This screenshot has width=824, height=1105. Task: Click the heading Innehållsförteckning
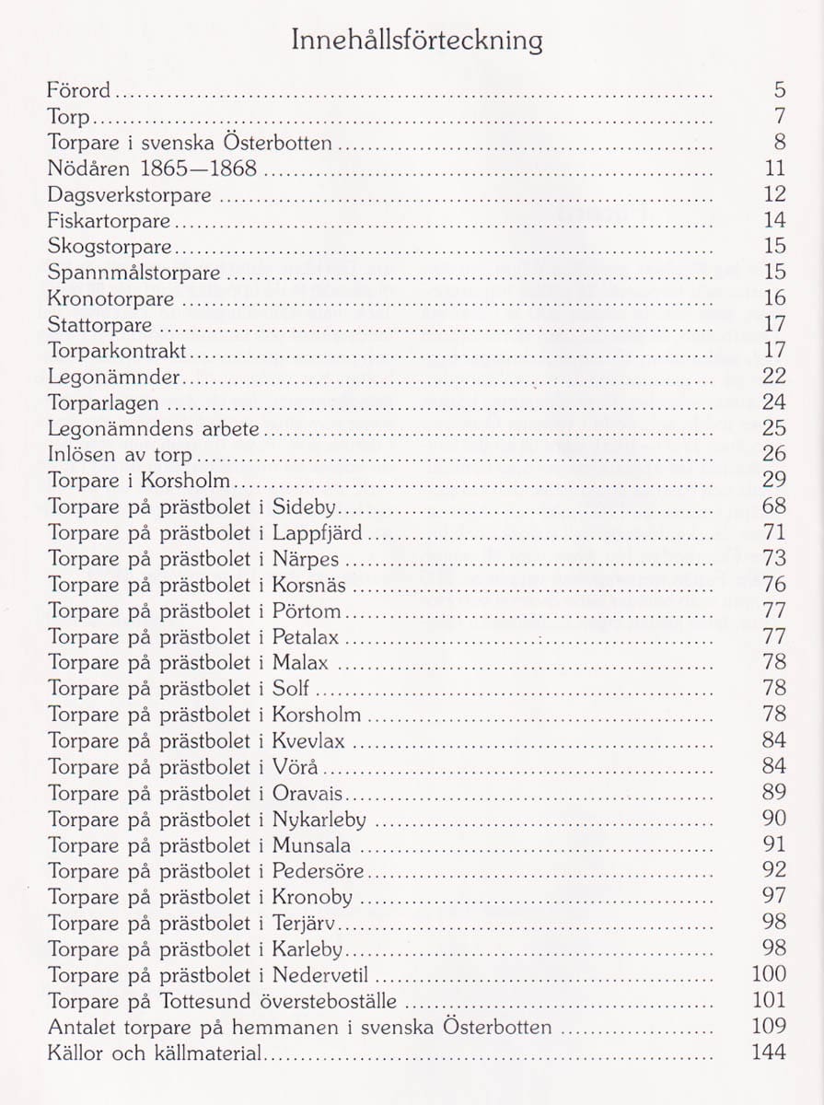pos(416,41)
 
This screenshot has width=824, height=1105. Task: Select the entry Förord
pos(78,90)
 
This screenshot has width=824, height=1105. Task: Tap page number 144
pos(769,1053)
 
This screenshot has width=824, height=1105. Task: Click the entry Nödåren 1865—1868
pos(152,169)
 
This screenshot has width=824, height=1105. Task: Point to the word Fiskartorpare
pos(109,221)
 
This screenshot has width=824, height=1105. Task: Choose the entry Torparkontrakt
pos(117,351)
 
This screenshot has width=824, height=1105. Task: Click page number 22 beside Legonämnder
pos(774,376)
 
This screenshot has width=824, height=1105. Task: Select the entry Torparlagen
pos(103,403)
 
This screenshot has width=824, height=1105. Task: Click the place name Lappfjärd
pos(318,533)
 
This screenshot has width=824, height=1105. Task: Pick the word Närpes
pos(306,559)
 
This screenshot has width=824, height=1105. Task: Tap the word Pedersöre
pos(319,870)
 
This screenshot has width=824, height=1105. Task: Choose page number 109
pos(769,1026)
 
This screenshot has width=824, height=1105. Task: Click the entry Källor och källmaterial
pos(155,1053)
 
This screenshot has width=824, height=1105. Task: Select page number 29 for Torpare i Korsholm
pos(774,480)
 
